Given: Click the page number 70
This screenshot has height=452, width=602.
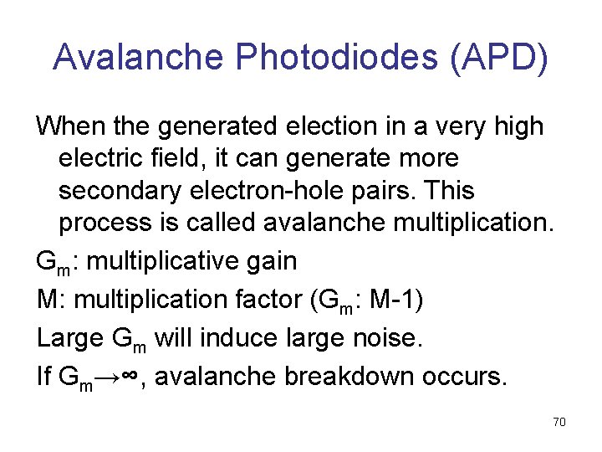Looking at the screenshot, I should [x=559, y=422].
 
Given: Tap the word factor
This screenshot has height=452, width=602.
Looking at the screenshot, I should [x=258, y=299].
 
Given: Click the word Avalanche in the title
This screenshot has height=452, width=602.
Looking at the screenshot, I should [x=139, y=56].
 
